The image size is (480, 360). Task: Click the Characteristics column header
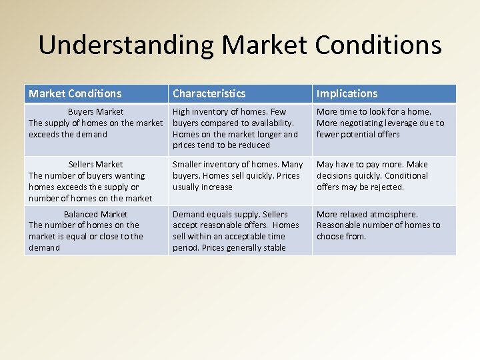209,94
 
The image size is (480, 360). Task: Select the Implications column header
347,94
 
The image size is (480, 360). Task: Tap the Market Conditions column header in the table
75,94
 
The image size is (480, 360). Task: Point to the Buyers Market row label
96,112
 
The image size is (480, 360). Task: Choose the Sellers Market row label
96,165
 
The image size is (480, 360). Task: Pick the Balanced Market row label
96,215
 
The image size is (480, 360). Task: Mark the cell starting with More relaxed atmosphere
378,225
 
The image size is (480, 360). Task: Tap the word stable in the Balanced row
273,248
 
